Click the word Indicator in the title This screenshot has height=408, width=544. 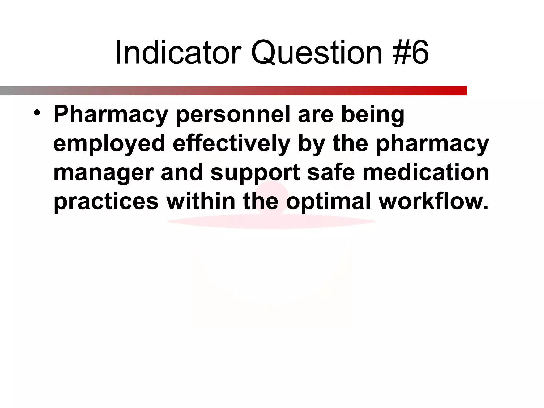tap(178, 52)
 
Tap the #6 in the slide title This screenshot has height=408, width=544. tap(411, 52)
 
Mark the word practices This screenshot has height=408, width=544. tap(106, 202)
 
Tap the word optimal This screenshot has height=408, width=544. tap(328, 202)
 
